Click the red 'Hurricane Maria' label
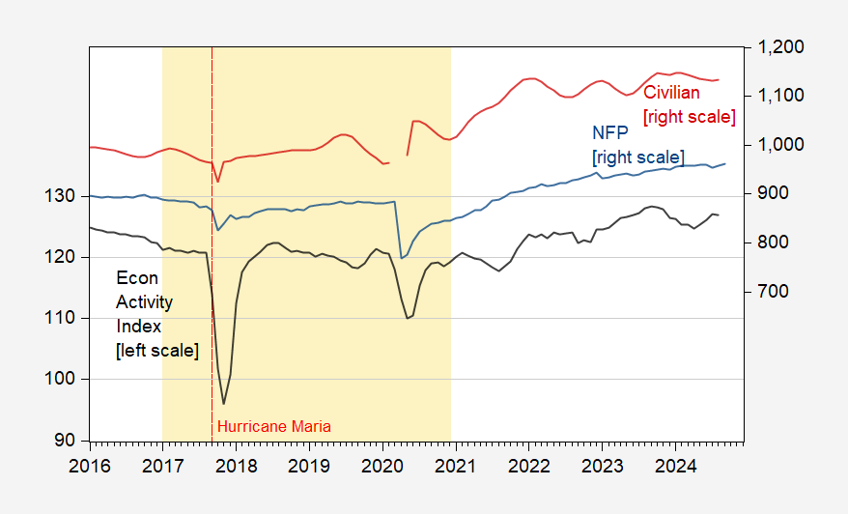pos(273,426)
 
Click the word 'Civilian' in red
pos(672,94)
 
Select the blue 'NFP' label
pos(608,133)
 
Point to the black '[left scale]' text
pos(156,351)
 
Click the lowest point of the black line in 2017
pos(224,404)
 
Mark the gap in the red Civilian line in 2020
pos(397,159)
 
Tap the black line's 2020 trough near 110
pos(408,318)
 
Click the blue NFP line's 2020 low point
pos(402,258)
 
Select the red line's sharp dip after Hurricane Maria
pos(218,182)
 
